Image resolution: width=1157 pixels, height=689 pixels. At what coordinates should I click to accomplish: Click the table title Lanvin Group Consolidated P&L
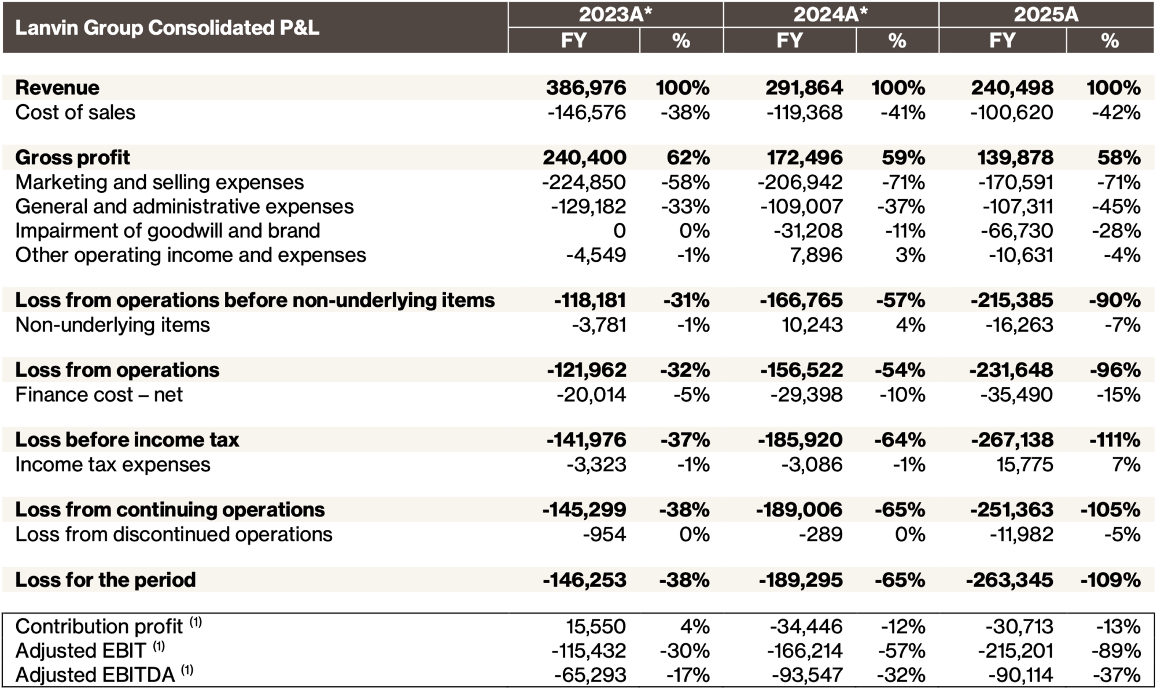[167, 28]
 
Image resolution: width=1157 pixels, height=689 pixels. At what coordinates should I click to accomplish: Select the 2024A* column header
[830, 14]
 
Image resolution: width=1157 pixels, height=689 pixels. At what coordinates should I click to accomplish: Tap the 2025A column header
[1046, 14]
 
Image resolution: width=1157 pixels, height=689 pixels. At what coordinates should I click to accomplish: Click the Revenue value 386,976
[585, 88]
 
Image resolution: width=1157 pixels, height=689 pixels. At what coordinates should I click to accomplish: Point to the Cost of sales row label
[75, 112]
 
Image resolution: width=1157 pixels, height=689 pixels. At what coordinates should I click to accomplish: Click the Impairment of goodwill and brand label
[167, 230]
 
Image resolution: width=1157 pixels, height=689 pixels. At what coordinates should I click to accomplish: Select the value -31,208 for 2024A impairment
[808, 230]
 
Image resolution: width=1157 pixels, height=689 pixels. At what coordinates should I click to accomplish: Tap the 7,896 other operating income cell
[816, 255]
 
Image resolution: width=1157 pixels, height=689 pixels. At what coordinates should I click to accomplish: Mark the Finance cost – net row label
[99, 395]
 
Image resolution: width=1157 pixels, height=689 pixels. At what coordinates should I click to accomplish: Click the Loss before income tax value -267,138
[1012, 440]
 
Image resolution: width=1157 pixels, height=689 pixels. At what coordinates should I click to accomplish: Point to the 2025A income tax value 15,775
[1025, 465]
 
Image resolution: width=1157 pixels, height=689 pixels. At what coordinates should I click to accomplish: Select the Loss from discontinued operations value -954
[604, 534]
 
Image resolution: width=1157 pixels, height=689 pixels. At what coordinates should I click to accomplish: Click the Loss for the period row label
[105, 580]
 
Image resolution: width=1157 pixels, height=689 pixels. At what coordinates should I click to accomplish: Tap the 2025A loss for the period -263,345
[1009, 580]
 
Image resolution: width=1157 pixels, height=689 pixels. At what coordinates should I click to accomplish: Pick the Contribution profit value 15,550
[595, 626]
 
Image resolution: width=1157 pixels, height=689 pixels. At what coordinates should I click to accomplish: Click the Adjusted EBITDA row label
[95, 675]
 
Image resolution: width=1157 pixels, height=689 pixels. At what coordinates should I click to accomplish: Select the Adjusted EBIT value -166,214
[805, 651]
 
